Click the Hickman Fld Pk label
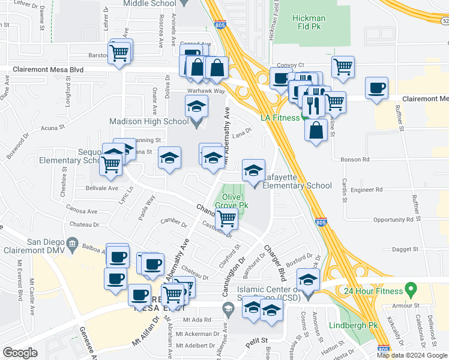pos(309,23)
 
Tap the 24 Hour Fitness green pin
pos(411,290)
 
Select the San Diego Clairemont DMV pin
pos(72,244)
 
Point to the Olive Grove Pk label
pos(235,201)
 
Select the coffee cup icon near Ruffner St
pos(376,88)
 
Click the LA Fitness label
pos(280,118)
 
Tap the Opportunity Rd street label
pos(393,220)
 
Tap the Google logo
pos(20,352)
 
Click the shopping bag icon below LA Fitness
pos(316,129)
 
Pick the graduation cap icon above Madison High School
pos(196,107)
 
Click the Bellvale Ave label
pos(101,188)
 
